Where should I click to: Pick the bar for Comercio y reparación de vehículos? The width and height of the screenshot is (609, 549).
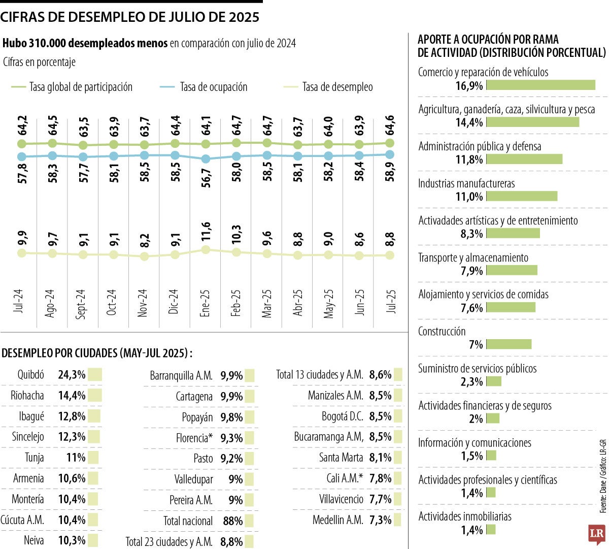(540, 85)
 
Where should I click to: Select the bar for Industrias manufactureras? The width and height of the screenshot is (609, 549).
(522, 197)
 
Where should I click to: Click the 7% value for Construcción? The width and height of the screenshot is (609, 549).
(476, 345)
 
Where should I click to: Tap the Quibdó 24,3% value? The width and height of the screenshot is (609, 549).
(72, 375)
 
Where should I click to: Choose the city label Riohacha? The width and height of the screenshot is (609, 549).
(27, 396)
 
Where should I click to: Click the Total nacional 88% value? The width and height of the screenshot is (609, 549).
(232, 521)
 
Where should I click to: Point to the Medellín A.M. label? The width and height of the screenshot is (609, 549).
(337, 520)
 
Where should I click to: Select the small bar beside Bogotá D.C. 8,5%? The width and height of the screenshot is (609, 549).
(398, 416)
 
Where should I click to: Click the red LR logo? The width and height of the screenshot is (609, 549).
(596, 534)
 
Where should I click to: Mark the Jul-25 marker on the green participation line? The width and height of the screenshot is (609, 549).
(390, 143)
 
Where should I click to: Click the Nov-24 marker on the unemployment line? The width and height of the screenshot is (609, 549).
(144, 256)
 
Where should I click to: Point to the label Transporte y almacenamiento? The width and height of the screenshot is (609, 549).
(473, 257)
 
